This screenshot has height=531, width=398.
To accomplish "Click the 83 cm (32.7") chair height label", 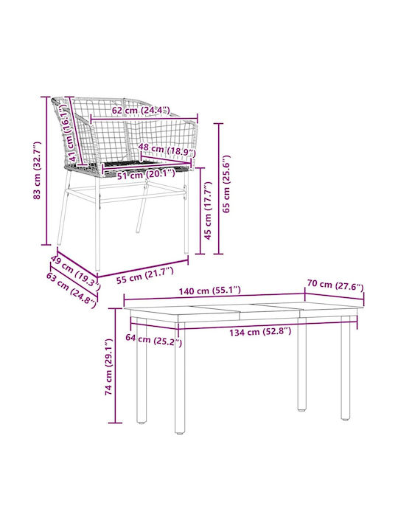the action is [x=38, y=170].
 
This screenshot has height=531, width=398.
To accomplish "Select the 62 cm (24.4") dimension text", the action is [x=141, y=111].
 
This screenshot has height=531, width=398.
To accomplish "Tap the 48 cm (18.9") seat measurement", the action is [x=167, y=149].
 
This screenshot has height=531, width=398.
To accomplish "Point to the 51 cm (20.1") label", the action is [x=146, y=174].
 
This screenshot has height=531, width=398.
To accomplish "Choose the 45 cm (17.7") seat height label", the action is [x=208, y=210].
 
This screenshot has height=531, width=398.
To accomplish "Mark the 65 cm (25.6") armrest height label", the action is [x=226, y=184].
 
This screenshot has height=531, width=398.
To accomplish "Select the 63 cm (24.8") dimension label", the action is [x=71, y=290].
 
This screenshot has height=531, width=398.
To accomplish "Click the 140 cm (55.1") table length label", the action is [x=210, y=291].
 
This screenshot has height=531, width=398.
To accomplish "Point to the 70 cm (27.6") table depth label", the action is [x=335, y=285].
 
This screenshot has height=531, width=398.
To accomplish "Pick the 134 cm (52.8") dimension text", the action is [x=260, y=332].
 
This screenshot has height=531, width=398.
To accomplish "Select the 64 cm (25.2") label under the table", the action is [x=153, y=340].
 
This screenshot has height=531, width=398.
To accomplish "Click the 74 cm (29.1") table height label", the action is [x=108, y=367].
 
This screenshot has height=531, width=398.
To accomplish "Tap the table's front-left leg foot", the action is [x=180, y=431].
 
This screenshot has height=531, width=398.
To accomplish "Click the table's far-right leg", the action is [x=346, y=368].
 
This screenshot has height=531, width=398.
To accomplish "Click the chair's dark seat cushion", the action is [x=145, y=163].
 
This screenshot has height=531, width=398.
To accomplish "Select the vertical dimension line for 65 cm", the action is [x=219, y=189].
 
